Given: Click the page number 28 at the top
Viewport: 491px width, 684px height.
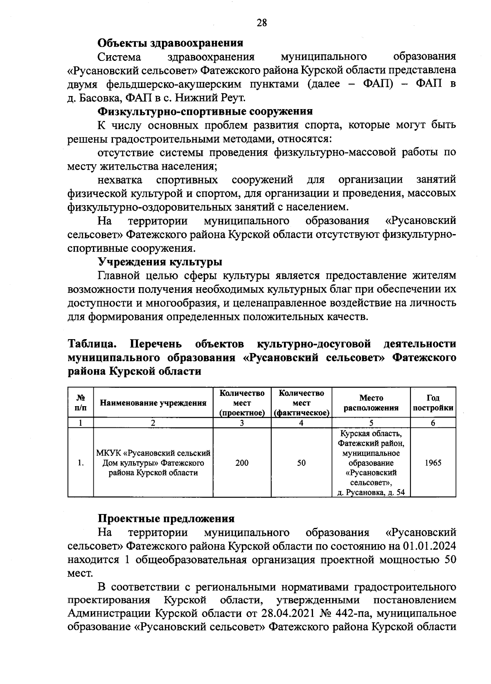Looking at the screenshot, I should tap(262, 23).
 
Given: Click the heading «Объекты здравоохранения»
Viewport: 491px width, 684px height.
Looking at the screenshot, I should tap(170, 43).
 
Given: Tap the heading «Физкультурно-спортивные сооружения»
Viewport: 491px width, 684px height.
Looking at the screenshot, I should tap(205, 112).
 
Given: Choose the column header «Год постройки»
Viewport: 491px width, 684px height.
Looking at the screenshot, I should tap(433, 402).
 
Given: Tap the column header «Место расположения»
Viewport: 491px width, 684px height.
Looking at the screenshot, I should tap(371, 402).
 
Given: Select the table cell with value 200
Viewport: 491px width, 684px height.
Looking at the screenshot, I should tap(242, 463).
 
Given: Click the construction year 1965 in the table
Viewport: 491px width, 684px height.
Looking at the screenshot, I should tap(433, 463).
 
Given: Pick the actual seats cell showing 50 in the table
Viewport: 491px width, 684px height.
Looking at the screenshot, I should tap(301, 463).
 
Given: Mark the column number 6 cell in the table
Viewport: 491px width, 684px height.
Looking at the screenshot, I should tap(433, 423).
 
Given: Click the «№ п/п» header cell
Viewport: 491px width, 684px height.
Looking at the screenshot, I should tap(81, 402).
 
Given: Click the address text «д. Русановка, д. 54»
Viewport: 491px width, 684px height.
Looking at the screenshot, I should tap(371, 493).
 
